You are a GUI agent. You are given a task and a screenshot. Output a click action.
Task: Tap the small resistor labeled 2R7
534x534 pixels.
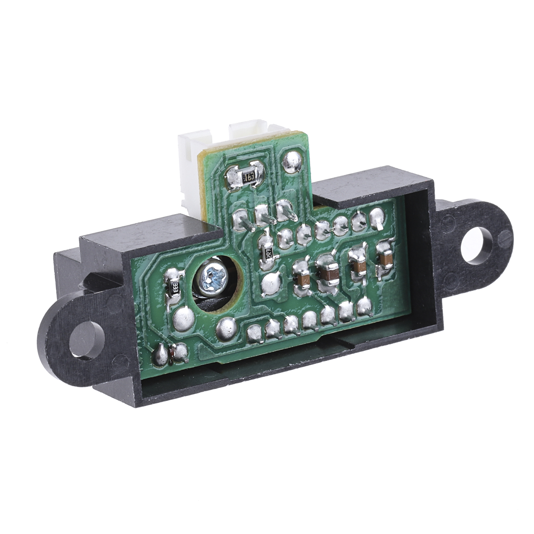click(x=268, y=253)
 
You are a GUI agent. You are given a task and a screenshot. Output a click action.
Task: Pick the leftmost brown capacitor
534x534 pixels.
click(x=303, y=279)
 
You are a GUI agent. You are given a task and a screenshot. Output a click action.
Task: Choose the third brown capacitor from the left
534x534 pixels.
click(x=357, y=265)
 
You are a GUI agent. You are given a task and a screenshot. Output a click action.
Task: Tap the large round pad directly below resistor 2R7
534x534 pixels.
click(x=270, y=283)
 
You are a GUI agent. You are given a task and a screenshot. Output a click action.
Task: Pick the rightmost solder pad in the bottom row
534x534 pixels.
click(x=364, y=306)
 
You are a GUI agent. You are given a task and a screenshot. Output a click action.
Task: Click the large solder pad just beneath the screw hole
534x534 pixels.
click(x=227, y=327)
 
